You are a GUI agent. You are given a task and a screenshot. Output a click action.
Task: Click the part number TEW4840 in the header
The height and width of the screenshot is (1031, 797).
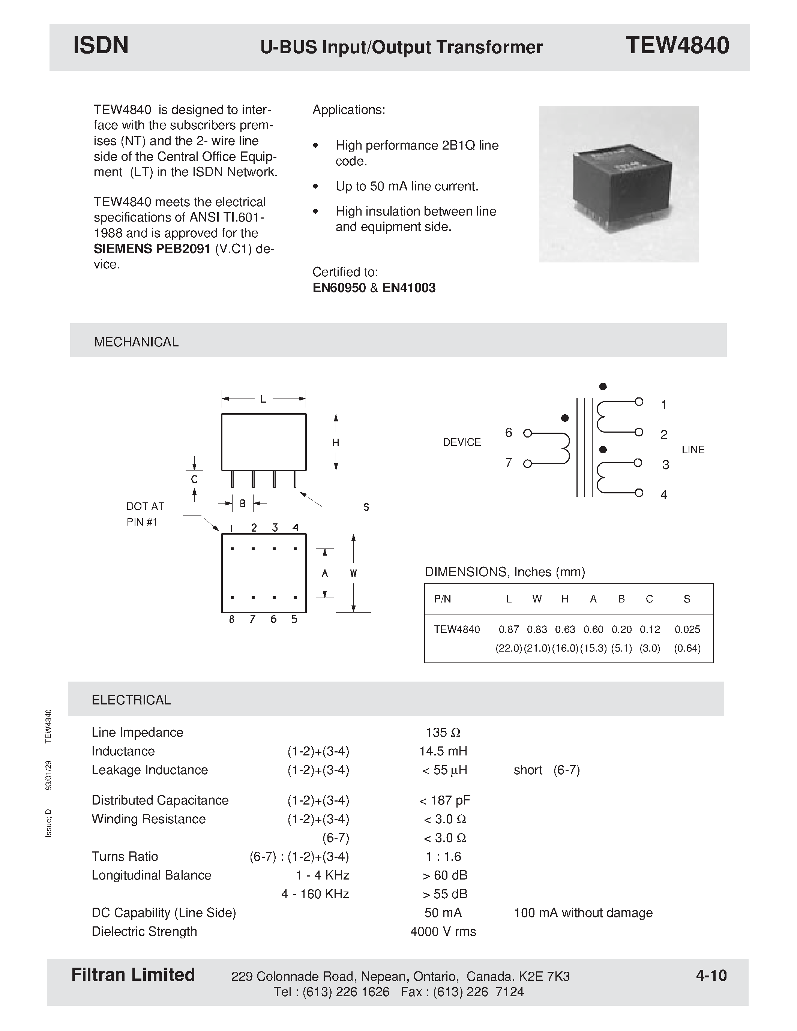pos(677,46)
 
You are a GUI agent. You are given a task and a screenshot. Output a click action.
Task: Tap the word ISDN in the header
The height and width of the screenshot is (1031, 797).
pos(101,46)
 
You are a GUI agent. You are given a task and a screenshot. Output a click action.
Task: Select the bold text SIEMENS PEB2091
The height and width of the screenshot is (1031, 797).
pos(152,249)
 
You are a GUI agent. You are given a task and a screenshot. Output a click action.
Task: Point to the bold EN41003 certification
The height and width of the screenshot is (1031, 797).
pos(409,288)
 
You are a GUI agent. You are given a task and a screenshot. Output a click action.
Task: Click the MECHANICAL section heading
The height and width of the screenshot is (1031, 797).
pos(136,342)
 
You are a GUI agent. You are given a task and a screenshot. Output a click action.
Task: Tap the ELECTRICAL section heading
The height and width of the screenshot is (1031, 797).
pos(131,700)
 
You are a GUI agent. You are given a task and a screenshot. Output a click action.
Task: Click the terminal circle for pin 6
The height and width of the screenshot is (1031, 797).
pos(528,433)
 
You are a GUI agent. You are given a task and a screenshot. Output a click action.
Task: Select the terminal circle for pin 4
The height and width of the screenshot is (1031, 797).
pos(639,493)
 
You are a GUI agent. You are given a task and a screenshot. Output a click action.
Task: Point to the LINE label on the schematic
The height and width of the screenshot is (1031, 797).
pos(693,450)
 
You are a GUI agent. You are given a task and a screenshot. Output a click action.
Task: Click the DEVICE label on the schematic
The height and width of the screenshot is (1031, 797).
pos(461,442)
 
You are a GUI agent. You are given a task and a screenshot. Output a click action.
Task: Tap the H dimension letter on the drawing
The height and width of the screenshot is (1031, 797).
pos(336,442)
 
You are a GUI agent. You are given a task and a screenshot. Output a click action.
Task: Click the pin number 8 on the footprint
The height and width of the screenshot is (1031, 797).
pos(231,619)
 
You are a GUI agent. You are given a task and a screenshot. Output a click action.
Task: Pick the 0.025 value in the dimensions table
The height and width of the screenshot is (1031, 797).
pos(687,629)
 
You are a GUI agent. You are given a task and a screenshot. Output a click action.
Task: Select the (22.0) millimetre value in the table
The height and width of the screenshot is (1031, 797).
pos(509,648)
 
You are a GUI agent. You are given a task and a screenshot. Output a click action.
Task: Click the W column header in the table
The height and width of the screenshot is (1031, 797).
pos(537,599)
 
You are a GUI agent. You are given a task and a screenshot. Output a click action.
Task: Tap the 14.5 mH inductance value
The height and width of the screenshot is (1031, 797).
pos(443,751)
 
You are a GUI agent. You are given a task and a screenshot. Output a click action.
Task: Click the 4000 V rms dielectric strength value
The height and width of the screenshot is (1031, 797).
pos(443,931)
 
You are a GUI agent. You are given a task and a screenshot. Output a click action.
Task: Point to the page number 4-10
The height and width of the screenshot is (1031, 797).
pos(711,975)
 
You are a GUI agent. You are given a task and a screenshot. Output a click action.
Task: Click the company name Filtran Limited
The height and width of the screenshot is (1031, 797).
pos(133,975)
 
